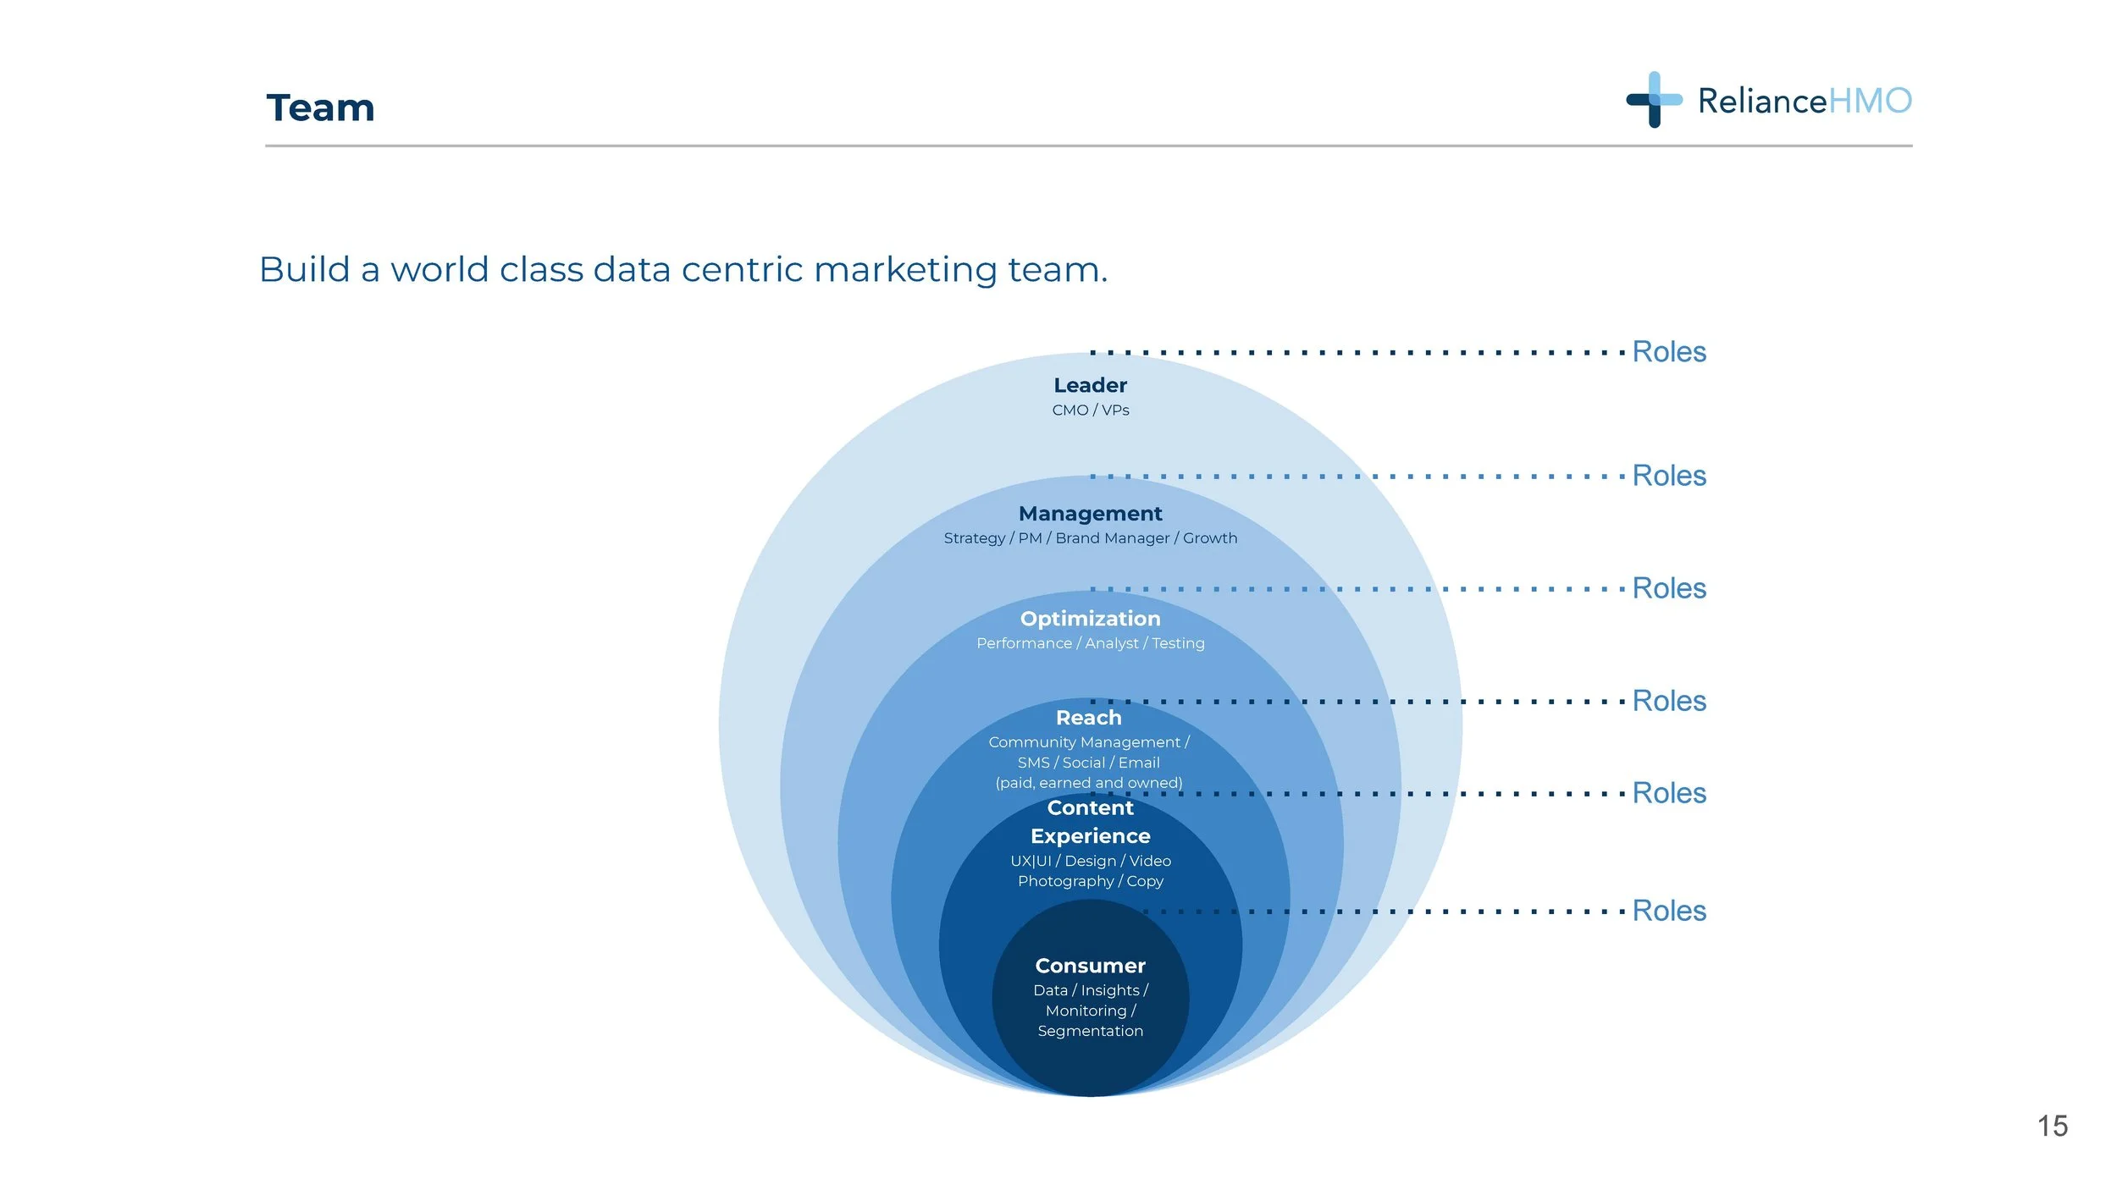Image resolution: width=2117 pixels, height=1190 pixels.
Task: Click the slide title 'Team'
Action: [320, 108]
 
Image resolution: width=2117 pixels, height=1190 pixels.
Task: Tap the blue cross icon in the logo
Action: [1653, 100]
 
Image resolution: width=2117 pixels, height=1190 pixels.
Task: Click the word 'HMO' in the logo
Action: [1869, 102]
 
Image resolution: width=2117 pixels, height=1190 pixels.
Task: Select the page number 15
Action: [2052, 1126]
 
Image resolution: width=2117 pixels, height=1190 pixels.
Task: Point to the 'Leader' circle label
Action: [1090, 385]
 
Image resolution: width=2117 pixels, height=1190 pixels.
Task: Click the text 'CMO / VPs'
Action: [1090, 410]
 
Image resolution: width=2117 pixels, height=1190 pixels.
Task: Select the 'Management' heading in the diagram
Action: [1090, 514]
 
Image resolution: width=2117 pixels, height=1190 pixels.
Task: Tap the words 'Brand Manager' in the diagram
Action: [1112, 538]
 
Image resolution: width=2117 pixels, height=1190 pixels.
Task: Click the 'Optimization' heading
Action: [1090, 619]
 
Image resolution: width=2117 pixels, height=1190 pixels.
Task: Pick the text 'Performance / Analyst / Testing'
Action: [1090, 643]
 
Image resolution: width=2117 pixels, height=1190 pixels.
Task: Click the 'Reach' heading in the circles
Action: [1088, 718]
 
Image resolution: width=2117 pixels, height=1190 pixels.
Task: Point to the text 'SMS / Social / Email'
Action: [1088, 763]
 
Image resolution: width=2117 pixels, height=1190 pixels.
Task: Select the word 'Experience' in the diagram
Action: [1090, 836]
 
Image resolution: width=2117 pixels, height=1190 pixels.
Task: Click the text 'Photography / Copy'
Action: [1090, 881]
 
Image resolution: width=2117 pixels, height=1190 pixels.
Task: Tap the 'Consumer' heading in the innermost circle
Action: [1090, 966]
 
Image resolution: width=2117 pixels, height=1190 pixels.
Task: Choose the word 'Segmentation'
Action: [1090, 1031]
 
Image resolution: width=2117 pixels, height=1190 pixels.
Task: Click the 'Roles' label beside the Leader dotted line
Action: [1668, 352]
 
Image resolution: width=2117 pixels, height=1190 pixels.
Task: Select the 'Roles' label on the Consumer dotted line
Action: [1668, 911]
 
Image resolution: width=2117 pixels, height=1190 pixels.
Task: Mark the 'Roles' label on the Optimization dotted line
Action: [1668, 588]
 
